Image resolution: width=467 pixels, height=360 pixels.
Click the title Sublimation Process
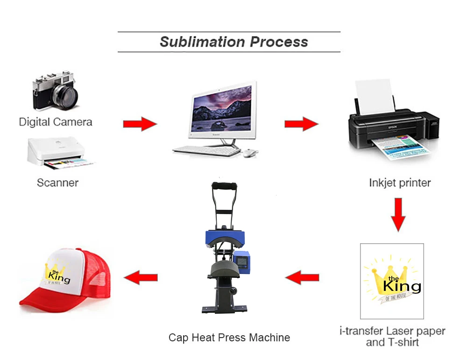233,42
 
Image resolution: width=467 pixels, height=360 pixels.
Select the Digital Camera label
56,122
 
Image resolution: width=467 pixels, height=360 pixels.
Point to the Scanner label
57,182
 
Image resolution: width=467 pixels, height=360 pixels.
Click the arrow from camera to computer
140,124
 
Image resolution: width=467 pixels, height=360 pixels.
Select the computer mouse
250,152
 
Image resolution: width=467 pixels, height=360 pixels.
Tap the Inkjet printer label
400,182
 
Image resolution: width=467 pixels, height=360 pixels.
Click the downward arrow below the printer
398,215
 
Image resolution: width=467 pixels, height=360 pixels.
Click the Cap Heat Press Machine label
229,338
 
